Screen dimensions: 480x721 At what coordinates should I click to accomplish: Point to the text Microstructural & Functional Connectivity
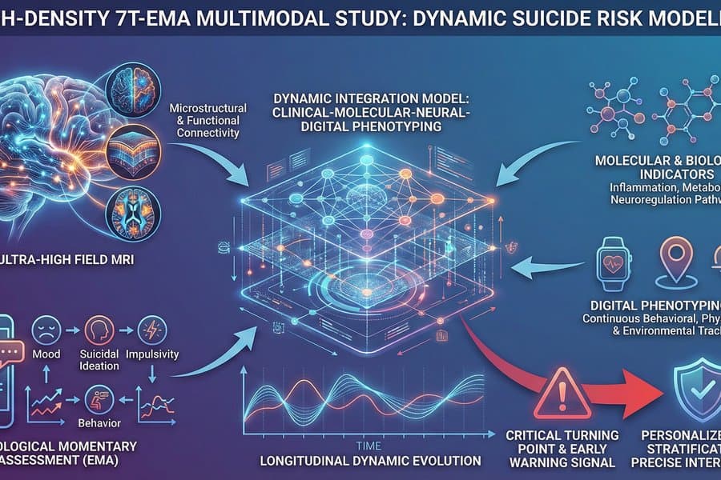coord(205,120)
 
